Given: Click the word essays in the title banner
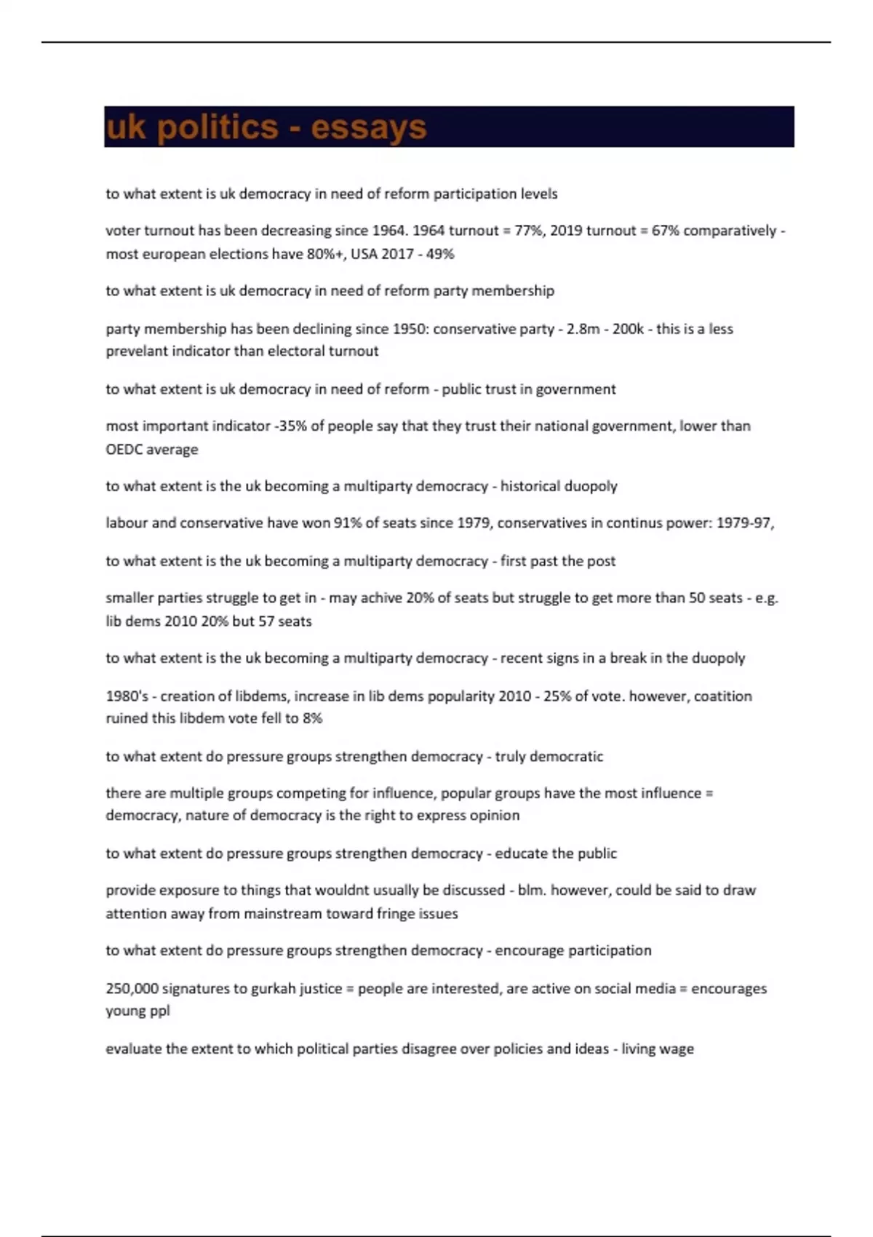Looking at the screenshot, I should point(368,127).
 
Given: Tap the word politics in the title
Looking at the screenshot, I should point(218,127).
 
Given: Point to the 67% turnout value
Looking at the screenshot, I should point(665,231).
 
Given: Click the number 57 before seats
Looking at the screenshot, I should point(267,621).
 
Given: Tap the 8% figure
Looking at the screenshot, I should point(312,718).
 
